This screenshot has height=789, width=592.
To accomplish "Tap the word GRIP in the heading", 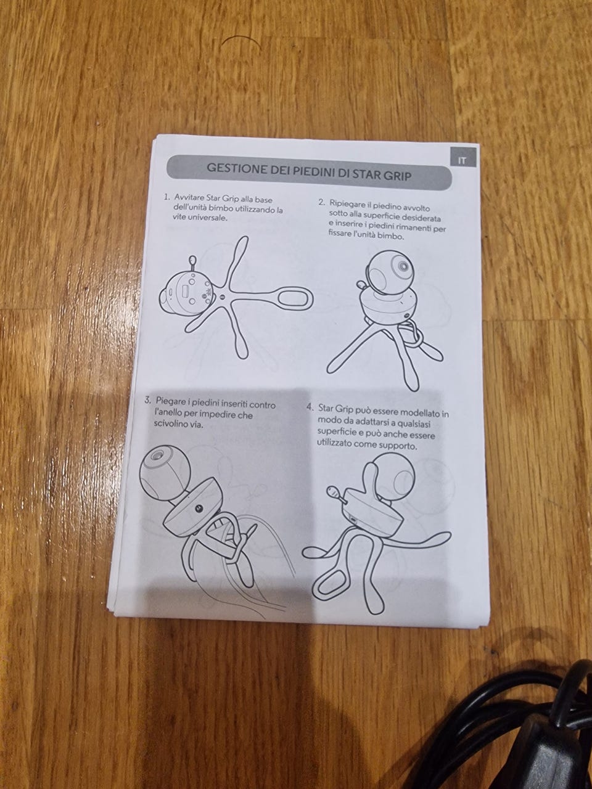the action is click(x=398, y=176).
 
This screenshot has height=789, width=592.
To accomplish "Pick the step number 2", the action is click(x=322, y=202).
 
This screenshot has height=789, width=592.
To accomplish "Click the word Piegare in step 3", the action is click(x=170, y=401).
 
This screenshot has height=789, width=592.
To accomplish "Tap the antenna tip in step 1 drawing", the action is click(x=192, y=258).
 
